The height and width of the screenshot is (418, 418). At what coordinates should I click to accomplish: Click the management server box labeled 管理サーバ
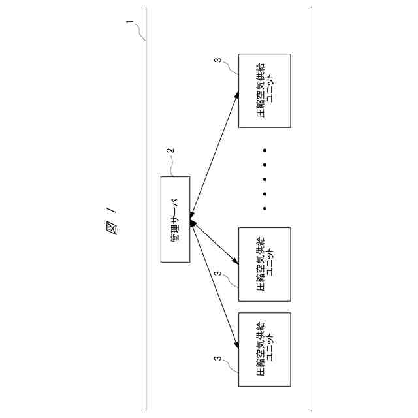pos(175,219)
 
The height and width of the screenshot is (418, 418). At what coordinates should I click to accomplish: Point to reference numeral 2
pos(171,151)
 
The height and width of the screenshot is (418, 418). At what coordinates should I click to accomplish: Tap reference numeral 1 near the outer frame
pos(130,24)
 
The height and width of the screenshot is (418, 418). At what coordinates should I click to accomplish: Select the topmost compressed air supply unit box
pos(265,91)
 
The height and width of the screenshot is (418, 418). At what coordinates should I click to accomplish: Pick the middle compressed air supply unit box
pos(265,264)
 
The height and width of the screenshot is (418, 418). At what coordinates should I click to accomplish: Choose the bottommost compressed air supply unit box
pos(265,349)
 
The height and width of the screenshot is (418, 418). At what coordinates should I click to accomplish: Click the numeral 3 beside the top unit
pos(217,61)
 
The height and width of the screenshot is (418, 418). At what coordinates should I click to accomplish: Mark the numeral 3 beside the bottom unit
pos(217,359)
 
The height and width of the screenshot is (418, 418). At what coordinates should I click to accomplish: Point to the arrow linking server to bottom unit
pos(214,284)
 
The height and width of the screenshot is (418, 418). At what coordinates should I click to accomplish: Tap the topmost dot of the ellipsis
pos(265,150)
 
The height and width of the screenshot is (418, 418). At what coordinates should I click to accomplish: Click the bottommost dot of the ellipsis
pos(265,208)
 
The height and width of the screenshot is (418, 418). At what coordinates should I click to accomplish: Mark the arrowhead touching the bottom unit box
pos(235,343)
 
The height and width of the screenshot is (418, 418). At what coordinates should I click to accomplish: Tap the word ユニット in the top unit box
pos(272,91)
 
